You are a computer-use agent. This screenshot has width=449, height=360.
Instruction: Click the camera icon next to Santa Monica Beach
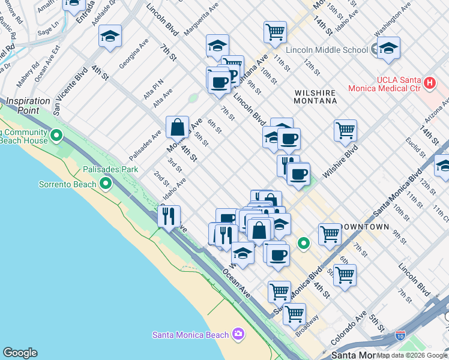(x=238, y=334)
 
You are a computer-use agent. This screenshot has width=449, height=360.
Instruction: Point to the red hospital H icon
(x=429, y=82)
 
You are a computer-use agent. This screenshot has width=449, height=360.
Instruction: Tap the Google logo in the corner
(x=20, y=353)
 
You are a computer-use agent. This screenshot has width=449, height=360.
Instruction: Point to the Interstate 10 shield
(x=400, y=337)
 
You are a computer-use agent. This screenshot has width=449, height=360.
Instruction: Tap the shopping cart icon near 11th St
(x=275, y=31)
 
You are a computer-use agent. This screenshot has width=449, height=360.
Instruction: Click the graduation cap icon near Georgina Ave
(x=110, y=37)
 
